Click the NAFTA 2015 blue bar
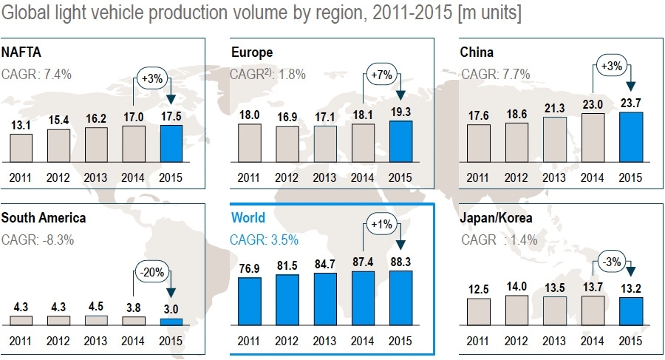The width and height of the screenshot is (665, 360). [171, 143]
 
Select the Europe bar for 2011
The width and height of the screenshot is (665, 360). [250, 143]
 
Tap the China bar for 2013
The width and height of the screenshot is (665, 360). [554, 139]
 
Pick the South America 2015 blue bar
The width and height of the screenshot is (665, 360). [171, 322]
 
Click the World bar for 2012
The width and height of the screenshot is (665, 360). [287, 300]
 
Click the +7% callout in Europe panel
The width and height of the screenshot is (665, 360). [381, 74]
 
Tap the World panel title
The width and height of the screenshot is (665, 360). [248, 217]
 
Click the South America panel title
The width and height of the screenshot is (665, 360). [44, 217]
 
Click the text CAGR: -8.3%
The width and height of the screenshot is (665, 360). [37, 240]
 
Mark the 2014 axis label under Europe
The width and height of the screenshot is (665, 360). [363, 177]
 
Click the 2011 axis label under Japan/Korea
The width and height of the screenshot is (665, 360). [478, 341]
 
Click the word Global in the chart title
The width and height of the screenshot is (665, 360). [24, 14]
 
